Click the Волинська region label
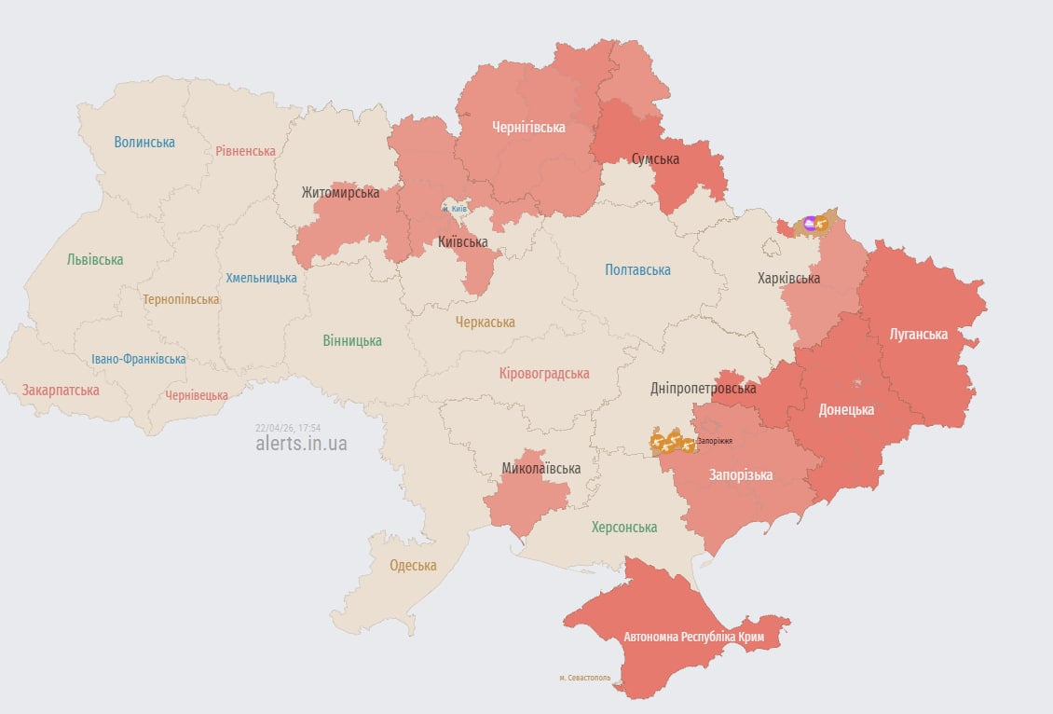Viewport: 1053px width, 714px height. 144,143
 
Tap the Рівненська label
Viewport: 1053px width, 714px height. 245,151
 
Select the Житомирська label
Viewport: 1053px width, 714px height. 340,193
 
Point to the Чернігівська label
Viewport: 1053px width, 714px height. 528,128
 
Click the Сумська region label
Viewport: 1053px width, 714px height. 655,159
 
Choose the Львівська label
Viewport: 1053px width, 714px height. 95,260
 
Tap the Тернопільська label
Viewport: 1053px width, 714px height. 181,300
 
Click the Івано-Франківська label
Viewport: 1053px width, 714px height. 138,359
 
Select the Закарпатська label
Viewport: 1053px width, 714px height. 61,391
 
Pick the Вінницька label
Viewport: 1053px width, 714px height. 352,341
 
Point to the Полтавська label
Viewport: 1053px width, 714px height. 637,270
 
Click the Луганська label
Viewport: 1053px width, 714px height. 918,334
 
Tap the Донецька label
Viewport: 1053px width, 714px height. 846,410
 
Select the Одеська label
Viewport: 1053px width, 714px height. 413,566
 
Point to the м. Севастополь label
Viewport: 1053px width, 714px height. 585,678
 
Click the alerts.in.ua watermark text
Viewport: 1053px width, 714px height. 301,444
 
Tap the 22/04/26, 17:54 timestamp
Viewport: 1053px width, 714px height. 288,428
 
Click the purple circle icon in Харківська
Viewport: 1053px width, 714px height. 809,223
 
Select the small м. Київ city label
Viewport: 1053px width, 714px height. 454,209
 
